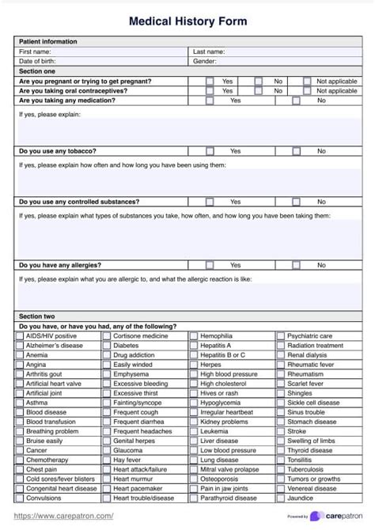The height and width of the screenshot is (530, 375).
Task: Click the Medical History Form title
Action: pyautogui.click(x=187, y=21)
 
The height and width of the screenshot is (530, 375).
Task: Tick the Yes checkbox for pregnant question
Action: pyautogui.click(x=210, y=81)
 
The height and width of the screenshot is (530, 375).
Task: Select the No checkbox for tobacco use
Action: pyautogui.click(x=297, y=150)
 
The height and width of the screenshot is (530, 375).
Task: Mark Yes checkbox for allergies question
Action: pyautogui.click(x=210, y=265)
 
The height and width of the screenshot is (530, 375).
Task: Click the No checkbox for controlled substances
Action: pyautogui.click(x=297, y=202)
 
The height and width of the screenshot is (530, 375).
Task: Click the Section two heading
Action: pyautogui.click(x=37, y=316)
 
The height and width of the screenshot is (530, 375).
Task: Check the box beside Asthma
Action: pyautogui.click(x=20, y=402)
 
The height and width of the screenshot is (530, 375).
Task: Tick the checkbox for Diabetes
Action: pyautogui.click(x=107, y=346)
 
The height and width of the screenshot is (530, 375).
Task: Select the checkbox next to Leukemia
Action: pyautogui.click(x=194, y=431)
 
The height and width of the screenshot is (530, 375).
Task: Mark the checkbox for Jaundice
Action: pyautogui.click(x=281, y=498)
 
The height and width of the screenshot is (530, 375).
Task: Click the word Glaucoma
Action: pyautogui.click(x=128, y=450)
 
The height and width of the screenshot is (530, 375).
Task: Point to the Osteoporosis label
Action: pyautogui.click(x=218, y=479)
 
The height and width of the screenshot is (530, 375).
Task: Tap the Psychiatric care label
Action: pyautogui.click(x=309, y=335)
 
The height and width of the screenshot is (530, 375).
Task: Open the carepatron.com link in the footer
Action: pyautogui.click(x=63, y=516)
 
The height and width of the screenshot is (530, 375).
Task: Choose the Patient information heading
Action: pyautogui.click(x=48, y=41)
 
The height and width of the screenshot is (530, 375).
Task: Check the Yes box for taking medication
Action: pyautogui.click(x=210, y=100)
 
